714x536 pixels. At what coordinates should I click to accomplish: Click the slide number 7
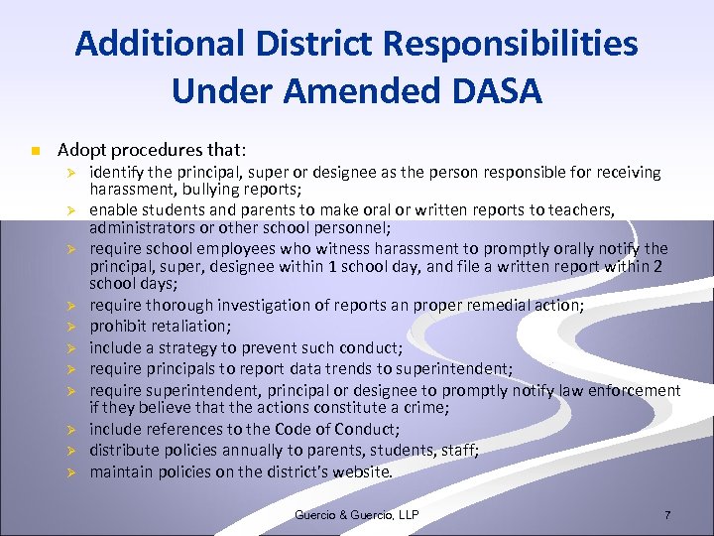pos(667,515)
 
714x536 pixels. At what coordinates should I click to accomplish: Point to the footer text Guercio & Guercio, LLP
pos(357,514)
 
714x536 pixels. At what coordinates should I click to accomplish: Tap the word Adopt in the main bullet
pos(80,151)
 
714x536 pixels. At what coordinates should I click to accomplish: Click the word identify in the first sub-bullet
pos(118,172)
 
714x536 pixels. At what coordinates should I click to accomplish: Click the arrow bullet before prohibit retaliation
pos(71,326)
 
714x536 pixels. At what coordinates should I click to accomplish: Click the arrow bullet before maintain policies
pos(71,472)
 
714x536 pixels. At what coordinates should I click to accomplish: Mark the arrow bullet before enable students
pos(71,210)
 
